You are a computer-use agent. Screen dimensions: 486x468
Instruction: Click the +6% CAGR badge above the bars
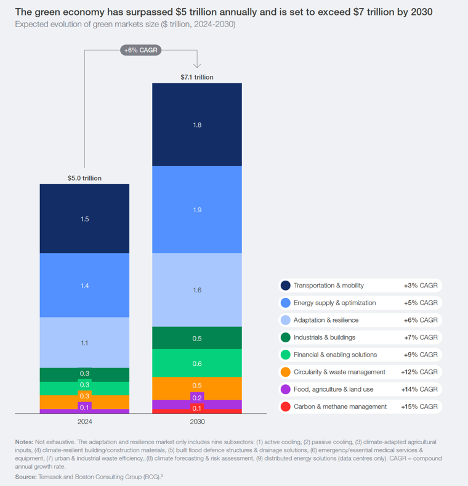point(140,51)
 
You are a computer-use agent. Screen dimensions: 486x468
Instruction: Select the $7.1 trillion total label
point(197,77)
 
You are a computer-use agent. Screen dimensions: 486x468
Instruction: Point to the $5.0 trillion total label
point(84,178)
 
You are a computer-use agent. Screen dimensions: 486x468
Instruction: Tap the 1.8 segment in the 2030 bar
point(197,125)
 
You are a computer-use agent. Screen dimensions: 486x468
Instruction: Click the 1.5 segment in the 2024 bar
point(84,219)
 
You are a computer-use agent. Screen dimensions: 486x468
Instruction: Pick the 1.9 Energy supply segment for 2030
point(197,210)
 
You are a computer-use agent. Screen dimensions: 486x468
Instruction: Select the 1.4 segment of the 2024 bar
point(84,286)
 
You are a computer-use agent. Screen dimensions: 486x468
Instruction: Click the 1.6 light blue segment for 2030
point(197,290)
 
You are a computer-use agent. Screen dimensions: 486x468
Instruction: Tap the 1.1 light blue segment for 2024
point(84,342)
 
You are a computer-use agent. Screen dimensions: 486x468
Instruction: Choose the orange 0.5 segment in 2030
point(197,385)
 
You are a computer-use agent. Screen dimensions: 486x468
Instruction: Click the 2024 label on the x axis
point(84,422)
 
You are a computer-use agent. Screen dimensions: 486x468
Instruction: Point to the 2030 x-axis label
point(197,422)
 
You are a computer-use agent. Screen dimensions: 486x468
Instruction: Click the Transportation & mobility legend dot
point(286,286)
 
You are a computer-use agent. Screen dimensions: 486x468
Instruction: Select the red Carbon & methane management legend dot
point(286,406)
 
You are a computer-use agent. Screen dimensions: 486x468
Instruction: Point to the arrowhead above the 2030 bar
point(197,65)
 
